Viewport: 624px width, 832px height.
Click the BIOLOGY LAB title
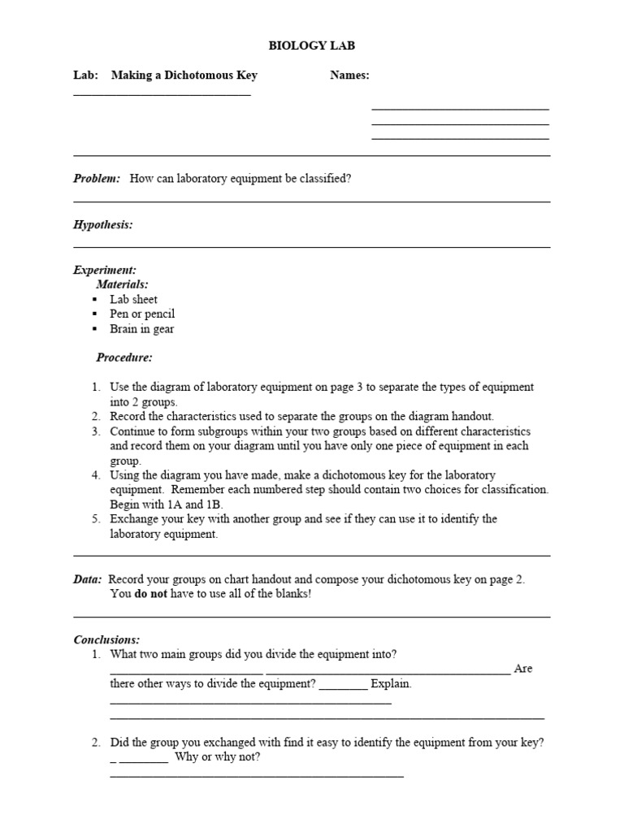[x=312, y=46]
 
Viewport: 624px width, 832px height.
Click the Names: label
[x=349, y=76]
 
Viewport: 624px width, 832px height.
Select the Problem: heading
[x=97, y=179]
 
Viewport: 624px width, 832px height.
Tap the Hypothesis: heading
[x=103, y=224]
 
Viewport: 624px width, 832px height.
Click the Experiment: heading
[x=105, y=270]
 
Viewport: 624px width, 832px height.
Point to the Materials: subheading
[x=122, y=284]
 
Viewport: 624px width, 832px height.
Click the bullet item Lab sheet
[x=134, y=299]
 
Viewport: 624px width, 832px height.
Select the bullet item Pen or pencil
[x=142, y=314]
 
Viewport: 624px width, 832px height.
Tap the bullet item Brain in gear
[x=142, y=329]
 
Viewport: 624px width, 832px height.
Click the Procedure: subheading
[x=124, y=357]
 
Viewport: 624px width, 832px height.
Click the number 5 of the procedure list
[x=95, y=518]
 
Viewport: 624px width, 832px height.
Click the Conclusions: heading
[x=106, y=639]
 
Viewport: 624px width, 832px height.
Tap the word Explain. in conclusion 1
[x=391, y=684]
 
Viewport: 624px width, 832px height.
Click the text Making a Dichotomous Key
[x=184, y=76]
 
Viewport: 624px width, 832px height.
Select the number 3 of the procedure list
[x=95, y=431]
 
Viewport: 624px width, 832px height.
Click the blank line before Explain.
[x=343, y=686]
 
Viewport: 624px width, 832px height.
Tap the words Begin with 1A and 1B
[x=167, y=504]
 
